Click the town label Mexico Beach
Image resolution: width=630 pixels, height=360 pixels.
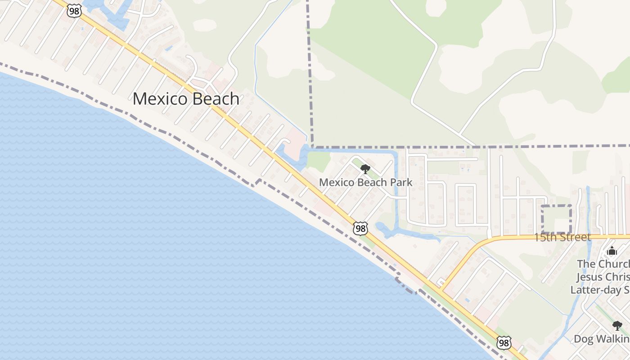[185, 99]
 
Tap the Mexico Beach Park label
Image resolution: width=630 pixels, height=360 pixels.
[365, 182]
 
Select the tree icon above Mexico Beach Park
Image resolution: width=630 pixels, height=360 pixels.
[365, 169]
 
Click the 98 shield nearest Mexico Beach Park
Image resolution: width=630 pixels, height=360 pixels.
[360, 229]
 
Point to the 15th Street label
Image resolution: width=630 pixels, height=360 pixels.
[562, 237]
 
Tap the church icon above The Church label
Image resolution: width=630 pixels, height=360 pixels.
[612, 251]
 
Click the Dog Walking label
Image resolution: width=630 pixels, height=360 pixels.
[602, 338]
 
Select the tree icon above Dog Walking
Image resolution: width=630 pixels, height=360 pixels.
[617, 325]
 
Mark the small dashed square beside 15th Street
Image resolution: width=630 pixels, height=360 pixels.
[556, 219]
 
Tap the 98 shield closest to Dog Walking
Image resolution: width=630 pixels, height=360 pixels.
[504, 343]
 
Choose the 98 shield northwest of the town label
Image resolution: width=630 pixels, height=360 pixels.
[74, 11]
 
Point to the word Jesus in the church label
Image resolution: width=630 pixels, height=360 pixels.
[590, 277]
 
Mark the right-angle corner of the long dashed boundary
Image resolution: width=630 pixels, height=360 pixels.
[311, 147]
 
